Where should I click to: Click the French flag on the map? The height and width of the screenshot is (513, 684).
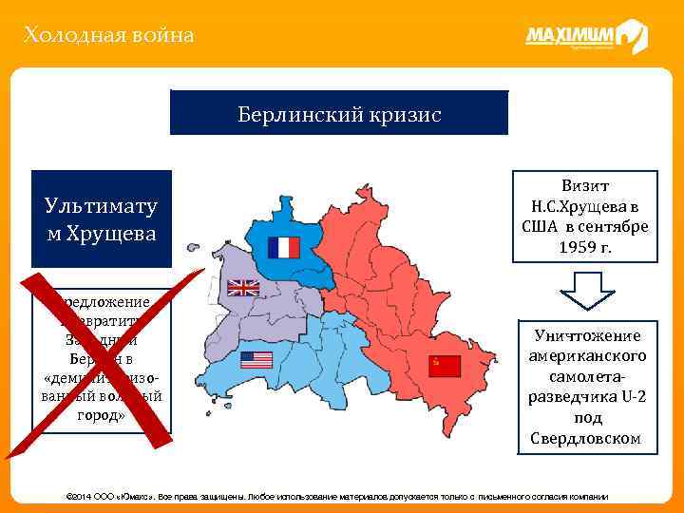pyautogui.click(x=284, y=247)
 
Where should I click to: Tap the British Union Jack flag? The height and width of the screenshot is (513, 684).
pyautogui.click(x=241, y=287)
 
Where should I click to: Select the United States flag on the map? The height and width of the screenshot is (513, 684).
pyautogui.click(x=256, y=360)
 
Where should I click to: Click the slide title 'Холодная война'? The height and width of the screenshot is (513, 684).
pyautogui.click(x=109, y=36)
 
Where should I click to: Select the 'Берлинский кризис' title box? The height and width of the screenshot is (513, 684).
pyautogui.click(x=339, y=113)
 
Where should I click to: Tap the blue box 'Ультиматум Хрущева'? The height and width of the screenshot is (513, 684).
pyautogui.click(x=102, y=218)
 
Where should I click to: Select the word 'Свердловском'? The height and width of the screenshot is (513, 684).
pyautogui.click(x=585, y=438)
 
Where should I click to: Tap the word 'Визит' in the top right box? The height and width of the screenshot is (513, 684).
pyautogui.click(x=585, y=185)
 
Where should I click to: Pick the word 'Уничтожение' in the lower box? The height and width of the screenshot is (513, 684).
pyautogui.click(x=585, y=335)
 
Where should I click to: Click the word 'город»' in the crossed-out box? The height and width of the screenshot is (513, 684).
pyautogui.click(x=102, y=415)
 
